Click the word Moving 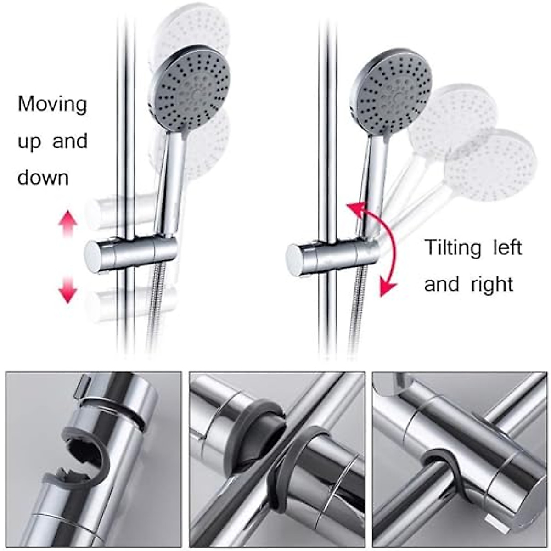tap(52, 105)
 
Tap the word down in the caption tap(43, 178)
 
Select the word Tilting tap(452, 248)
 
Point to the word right tap(492, 285)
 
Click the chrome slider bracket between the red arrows tap(131, 254)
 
